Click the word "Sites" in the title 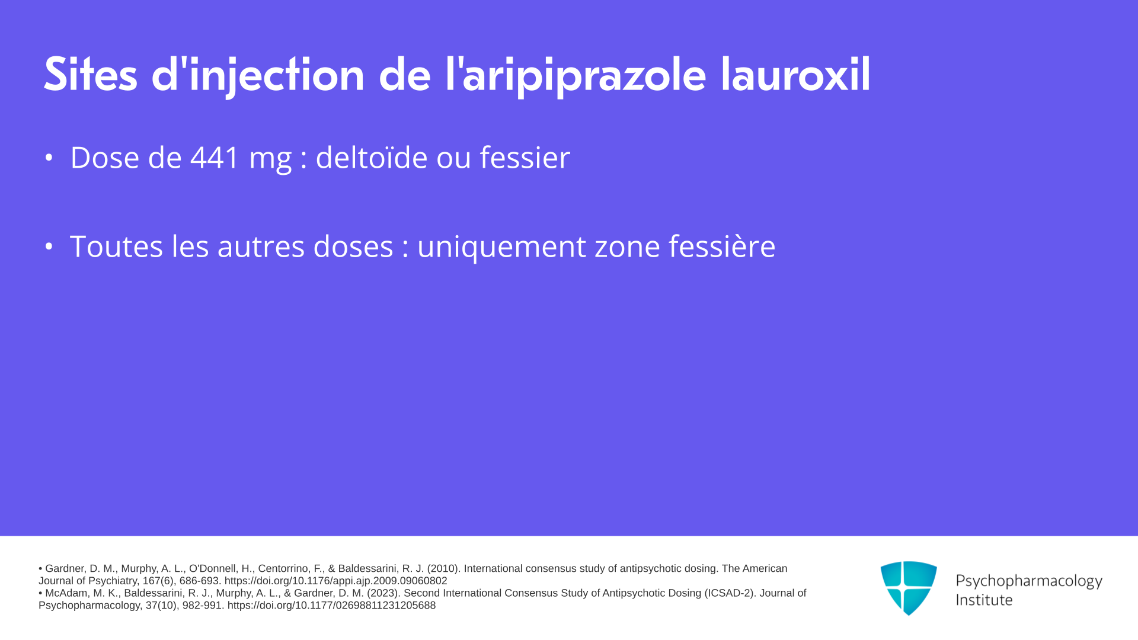pos(91,75)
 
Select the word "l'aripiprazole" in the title pos(576,76)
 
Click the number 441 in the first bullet pos(215,158)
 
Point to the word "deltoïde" pos(372,157)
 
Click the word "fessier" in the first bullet pos(525,157)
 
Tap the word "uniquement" pos(501,247)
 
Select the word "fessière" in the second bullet pos(722,246)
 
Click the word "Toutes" pos(116,246)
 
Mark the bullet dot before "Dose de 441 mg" pos(49,158)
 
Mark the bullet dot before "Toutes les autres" pos(49,246)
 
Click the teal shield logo pos(909,588)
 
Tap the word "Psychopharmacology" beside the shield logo pos(1029,581)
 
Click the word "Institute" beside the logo pos(984,600)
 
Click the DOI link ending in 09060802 pos(335,581)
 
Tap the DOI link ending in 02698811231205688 pos(331,606)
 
